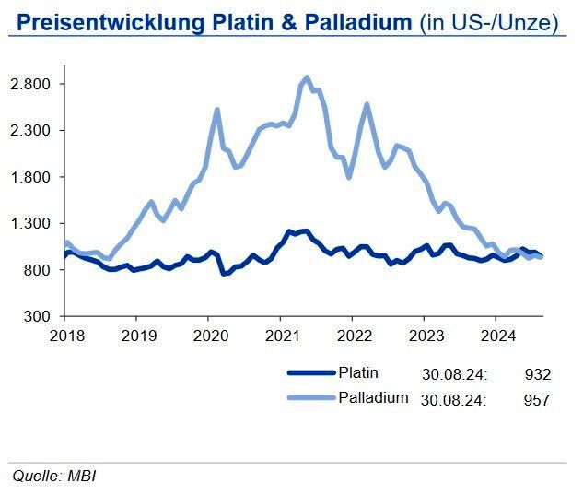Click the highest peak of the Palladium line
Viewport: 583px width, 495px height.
[x=307, y=77]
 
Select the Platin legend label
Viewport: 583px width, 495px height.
[x=358, y=373]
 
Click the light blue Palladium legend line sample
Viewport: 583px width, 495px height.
[x=311, y=399]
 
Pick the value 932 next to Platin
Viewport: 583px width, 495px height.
[x=537, y=374]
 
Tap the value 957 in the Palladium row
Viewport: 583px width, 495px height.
[x=537, y=400]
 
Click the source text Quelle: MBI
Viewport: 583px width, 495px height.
[x=53, y=476]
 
